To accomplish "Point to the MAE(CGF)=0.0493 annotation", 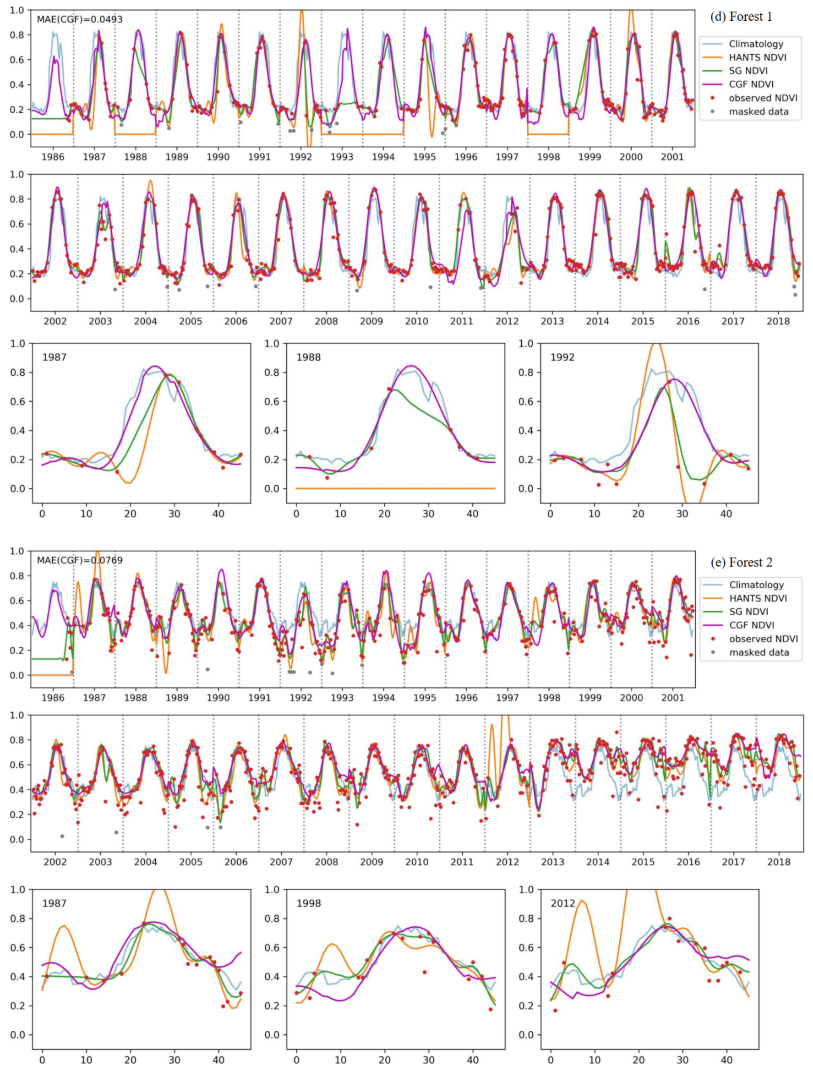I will point(80,19).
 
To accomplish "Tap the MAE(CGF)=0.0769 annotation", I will point(80,560).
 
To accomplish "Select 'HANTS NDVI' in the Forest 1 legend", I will point(757,58).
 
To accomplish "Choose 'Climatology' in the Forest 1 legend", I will point(756,44).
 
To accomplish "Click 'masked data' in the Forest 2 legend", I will point(759,652).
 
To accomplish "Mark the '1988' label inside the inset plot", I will point(308,358).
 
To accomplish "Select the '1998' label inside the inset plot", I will point(308,904).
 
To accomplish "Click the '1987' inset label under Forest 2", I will point(54,904).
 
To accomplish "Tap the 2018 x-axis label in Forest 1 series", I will point(779,321).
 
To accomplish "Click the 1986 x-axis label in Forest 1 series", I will point(53,157).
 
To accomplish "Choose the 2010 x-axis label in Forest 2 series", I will point(417,862).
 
